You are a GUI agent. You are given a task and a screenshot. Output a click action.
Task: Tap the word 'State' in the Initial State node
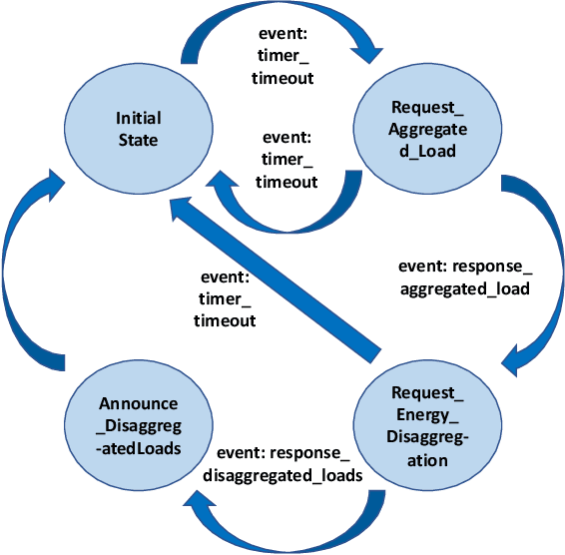pyautogui.click(x=138, y=140)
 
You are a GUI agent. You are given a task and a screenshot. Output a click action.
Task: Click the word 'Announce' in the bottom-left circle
pyautogui.click(x=139, y=404)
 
